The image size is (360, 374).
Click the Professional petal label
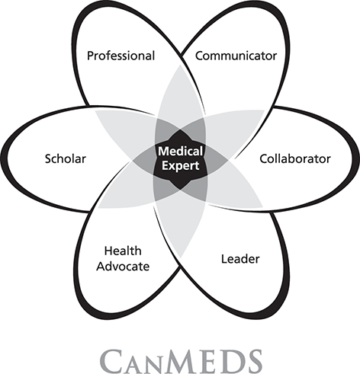pos(121,56)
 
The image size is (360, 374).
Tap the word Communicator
pos(236,56)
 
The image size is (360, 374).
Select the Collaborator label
pos(295,158)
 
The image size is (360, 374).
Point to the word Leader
pos(240,259)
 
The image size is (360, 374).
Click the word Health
pos(123,251)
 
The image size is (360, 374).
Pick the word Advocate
pos(123,267)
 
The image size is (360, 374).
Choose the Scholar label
pos(66,158)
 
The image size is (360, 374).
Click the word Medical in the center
pos(180,152)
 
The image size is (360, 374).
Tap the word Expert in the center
pos(180,166)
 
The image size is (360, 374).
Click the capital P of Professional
pos(91,56)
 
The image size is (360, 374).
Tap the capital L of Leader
pos(224,259)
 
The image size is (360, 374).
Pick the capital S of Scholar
pos(48,158)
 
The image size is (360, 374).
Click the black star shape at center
pos(180,159)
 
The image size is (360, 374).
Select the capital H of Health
pos(108,251)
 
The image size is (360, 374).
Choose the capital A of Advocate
pos(101,267)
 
